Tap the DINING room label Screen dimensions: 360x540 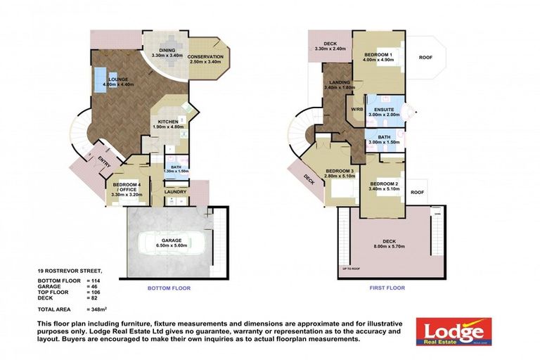pos(167,50)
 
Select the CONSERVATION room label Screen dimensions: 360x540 pos(206,57)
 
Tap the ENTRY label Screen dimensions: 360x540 pos(104,164)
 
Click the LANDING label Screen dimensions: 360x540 pos(338,84)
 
